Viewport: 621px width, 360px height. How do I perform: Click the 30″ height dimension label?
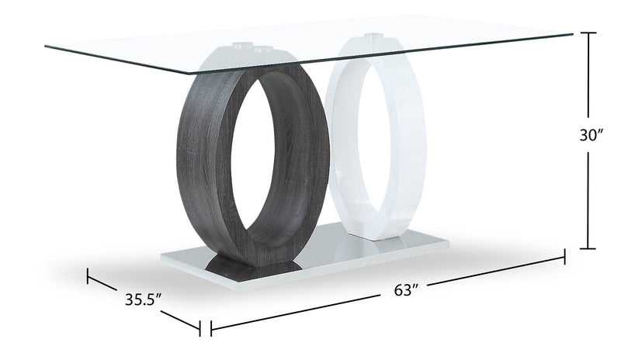(x=591, y=136)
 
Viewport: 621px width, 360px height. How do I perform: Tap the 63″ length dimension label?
(x=406, y=290)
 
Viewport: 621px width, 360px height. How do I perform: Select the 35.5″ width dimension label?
(x=144, y=299)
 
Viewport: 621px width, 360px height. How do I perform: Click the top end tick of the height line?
(x=588, y=33)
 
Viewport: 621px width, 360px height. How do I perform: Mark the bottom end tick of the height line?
(x=588, y=249)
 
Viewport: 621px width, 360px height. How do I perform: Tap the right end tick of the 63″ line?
(x=564, y=257)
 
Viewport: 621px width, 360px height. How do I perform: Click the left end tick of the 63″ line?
(x=211, y=328)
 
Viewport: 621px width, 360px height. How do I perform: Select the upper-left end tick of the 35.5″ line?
(x=88, y=275)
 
